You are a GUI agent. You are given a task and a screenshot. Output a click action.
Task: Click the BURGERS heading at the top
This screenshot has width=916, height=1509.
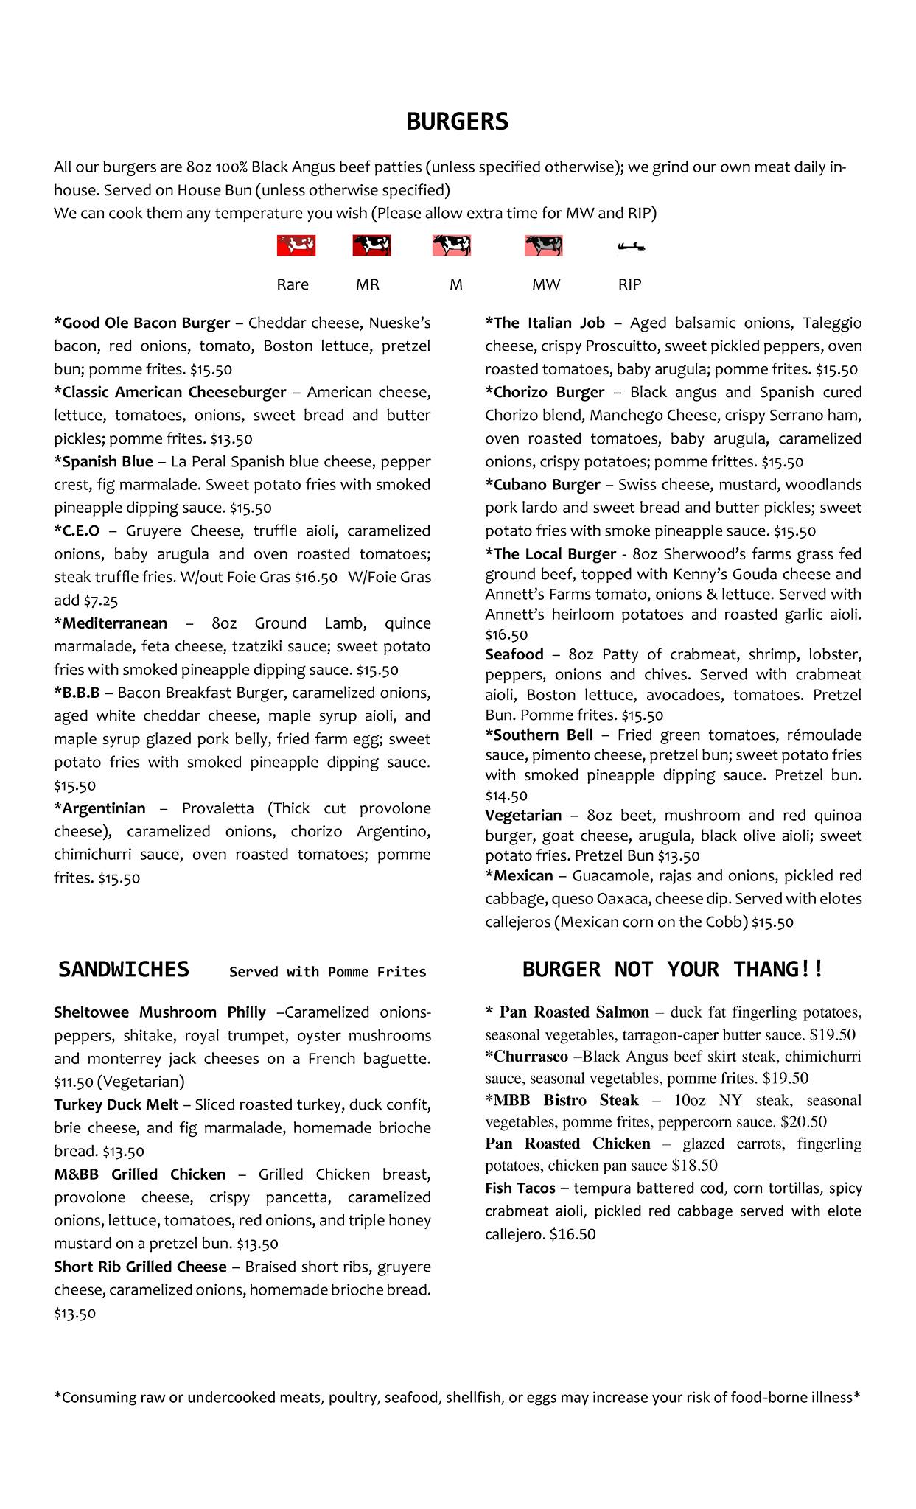pos(457,122)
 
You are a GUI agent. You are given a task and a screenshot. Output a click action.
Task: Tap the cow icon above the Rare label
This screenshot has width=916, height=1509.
pos(296,245)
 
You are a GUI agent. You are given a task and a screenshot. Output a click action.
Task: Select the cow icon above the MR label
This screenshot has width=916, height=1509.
pos(371,245)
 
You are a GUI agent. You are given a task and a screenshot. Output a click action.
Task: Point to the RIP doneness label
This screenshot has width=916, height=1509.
pos(629,284)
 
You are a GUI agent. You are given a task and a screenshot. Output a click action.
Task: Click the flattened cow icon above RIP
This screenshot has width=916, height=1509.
pos(631,247)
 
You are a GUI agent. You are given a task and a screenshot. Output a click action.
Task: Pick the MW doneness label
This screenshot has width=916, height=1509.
pos(546,284)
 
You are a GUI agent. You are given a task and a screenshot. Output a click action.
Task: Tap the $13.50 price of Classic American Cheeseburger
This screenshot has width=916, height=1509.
pos(231,439)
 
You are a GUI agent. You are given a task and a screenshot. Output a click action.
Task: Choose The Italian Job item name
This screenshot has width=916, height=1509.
pos(545,323)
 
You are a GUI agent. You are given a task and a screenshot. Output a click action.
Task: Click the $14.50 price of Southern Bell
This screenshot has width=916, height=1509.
pos(506,796)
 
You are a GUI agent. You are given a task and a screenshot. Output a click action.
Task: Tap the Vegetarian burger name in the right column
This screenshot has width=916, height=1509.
pos(523,816)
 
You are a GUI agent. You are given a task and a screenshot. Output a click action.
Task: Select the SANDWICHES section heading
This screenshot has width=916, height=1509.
pos(124,969)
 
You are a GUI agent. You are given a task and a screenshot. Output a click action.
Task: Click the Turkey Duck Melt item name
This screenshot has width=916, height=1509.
pos(116,1104)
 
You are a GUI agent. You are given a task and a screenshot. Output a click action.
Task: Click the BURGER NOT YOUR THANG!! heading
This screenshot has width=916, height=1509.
pos(672,969)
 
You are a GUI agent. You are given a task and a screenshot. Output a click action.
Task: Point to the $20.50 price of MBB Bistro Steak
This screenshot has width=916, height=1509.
pos(803,1122)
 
